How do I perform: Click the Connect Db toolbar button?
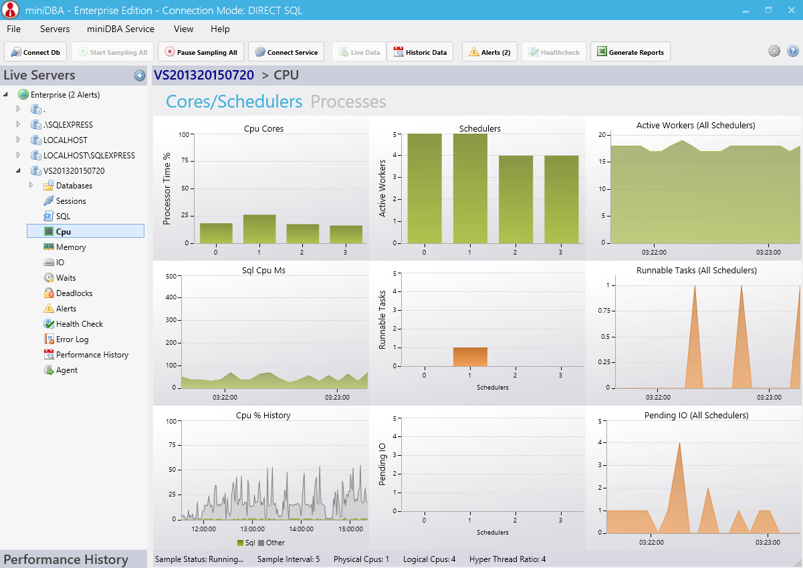(x=35, y=52)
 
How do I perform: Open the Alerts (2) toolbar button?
(x=489, y=52)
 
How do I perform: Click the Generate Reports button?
(x=630, y=52)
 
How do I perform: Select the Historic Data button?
(x=420, y=52)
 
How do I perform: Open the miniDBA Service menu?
(x=120, y=29)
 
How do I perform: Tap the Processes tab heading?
(x=348, y=102)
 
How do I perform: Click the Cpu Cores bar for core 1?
(x=259, y=229)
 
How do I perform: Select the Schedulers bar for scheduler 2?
(x=515, y=199)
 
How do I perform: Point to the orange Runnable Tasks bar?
(x=470, y=357)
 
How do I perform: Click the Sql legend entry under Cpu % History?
(x=246, y=543)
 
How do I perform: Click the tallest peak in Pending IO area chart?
(x=679, y=443)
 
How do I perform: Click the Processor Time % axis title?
(x=166, y=189)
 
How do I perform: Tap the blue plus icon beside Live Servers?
(x=140, y=76)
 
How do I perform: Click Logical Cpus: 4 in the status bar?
(x=429, y=559)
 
